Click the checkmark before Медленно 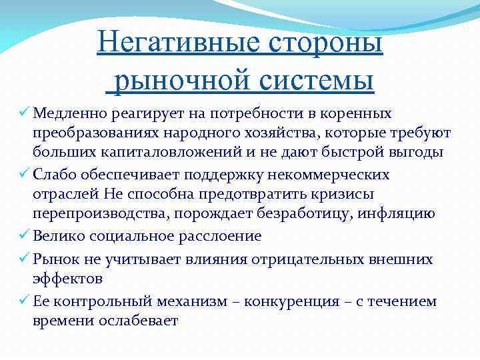pos(24,113)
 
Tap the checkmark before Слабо pos(24,174)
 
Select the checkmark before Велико pos(24,236)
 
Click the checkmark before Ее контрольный pos(24,301)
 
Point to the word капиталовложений pos(149,153)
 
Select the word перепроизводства pos(91,214)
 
